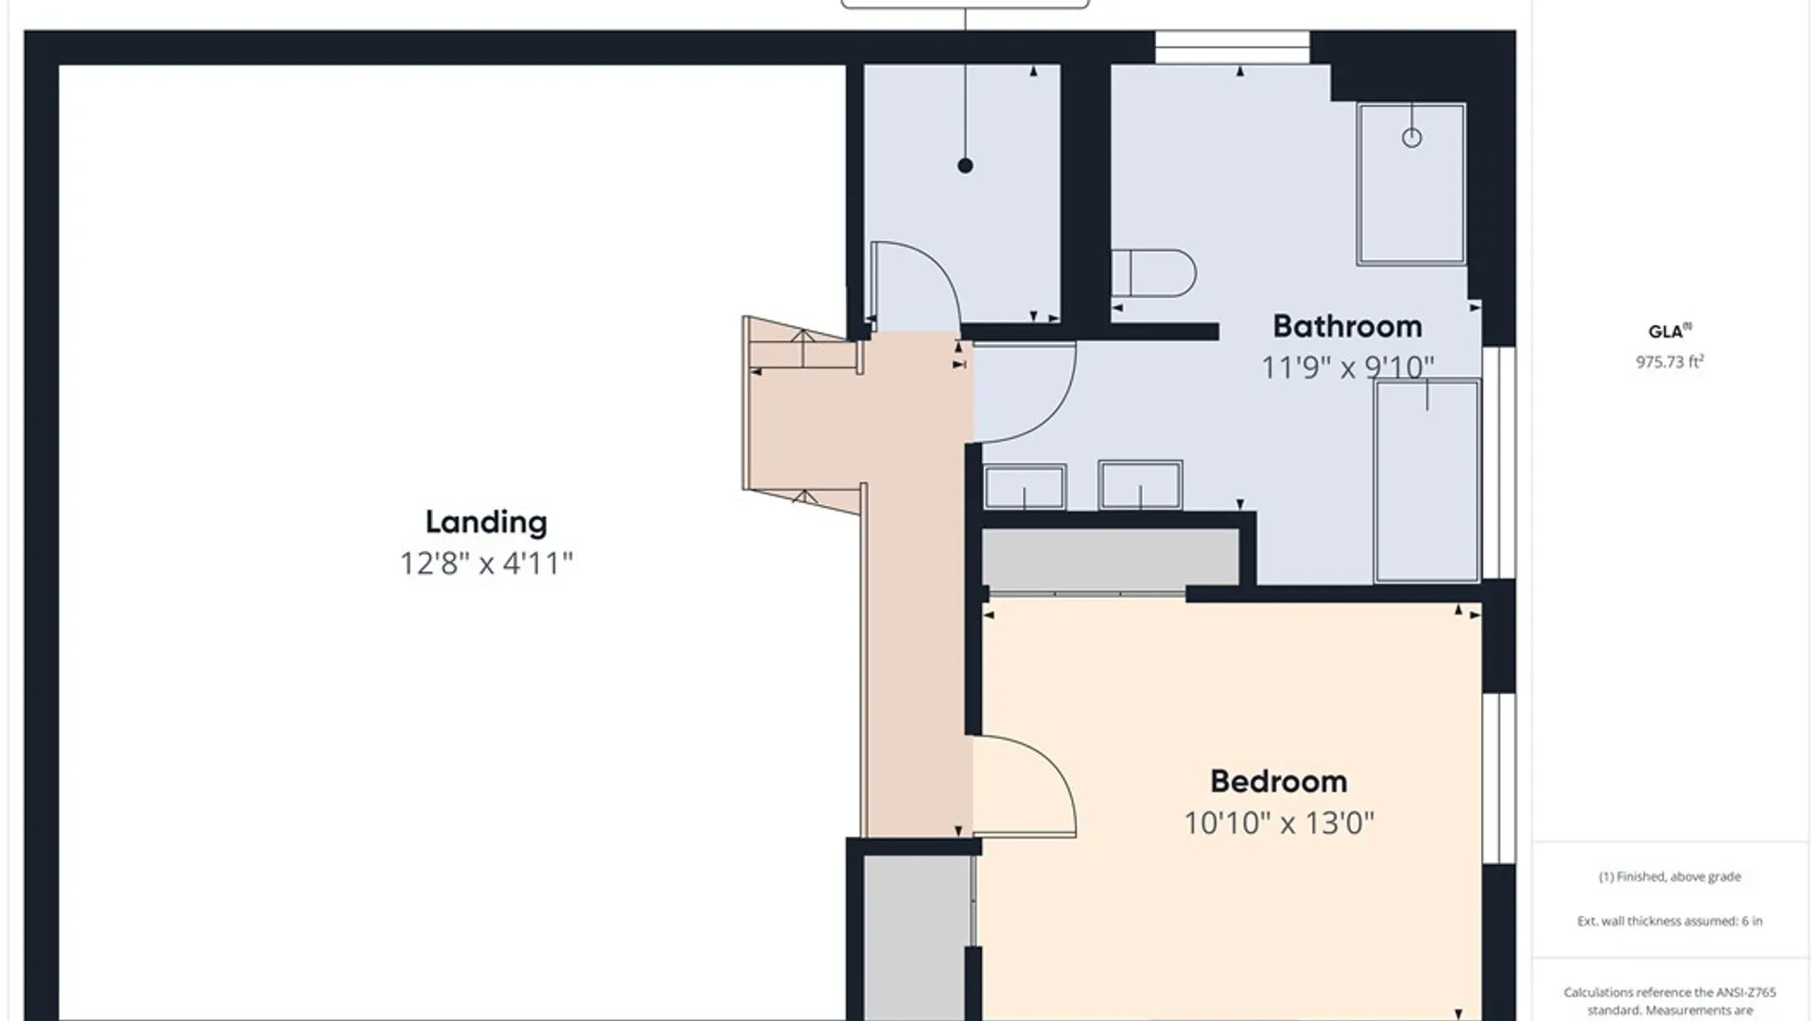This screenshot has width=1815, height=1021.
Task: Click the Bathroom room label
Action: pos(1347,326)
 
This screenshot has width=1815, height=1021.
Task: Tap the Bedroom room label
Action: pos(1279,782)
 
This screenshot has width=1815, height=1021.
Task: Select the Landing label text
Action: pos(486,523)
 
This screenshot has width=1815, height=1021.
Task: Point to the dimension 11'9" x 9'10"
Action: pos(1348,367)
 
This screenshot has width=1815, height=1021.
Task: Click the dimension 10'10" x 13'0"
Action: pos(1279,823)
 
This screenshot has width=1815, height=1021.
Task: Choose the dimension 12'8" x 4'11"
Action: pos(486,564)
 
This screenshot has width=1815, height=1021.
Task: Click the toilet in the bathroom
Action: pos(1153,273)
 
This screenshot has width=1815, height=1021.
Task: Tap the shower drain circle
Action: pos(1411,138)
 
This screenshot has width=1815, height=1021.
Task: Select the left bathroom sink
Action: pos(1025,487)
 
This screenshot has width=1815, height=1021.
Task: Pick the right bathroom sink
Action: pos(1140,485)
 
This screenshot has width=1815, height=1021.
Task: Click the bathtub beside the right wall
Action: pos(1426,481)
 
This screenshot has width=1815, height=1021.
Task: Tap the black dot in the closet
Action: pos(965,165)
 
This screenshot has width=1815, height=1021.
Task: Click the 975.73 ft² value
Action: pos(1669,361)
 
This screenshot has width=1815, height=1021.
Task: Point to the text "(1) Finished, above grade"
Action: pos(1669,876)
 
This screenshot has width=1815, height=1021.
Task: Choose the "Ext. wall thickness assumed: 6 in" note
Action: pos(1669,921)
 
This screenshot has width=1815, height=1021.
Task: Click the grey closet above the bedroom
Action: pos(1110,558)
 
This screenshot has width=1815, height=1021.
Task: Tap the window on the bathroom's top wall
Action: pos(1233,47)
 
